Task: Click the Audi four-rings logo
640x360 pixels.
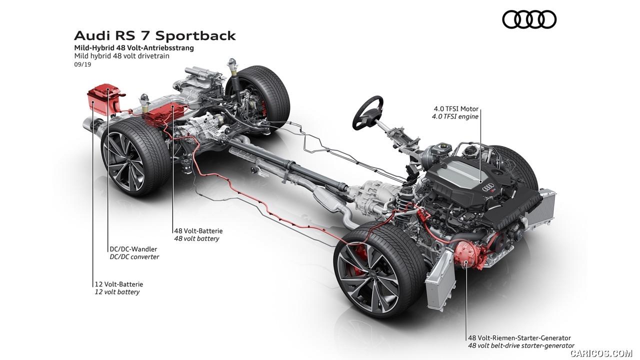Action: [x=529, y=19]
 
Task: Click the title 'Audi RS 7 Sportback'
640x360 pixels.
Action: [x=155, y=36]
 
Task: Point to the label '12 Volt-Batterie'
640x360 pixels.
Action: [x=118, y=284]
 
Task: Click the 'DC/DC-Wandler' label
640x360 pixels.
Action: [x=133, y=249]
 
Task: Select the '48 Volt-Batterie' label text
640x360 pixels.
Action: [x=198, y=231]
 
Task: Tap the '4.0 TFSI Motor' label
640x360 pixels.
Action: [x=456, y=108]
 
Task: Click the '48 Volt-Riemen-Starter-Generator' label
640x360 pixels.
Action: [x=519, y=338]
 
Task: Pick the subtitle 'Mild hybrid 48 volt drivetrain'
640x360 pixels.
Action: [x=121, y=56]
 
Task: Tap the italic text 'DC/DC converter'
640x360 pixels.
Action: [x=134, y=257]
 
